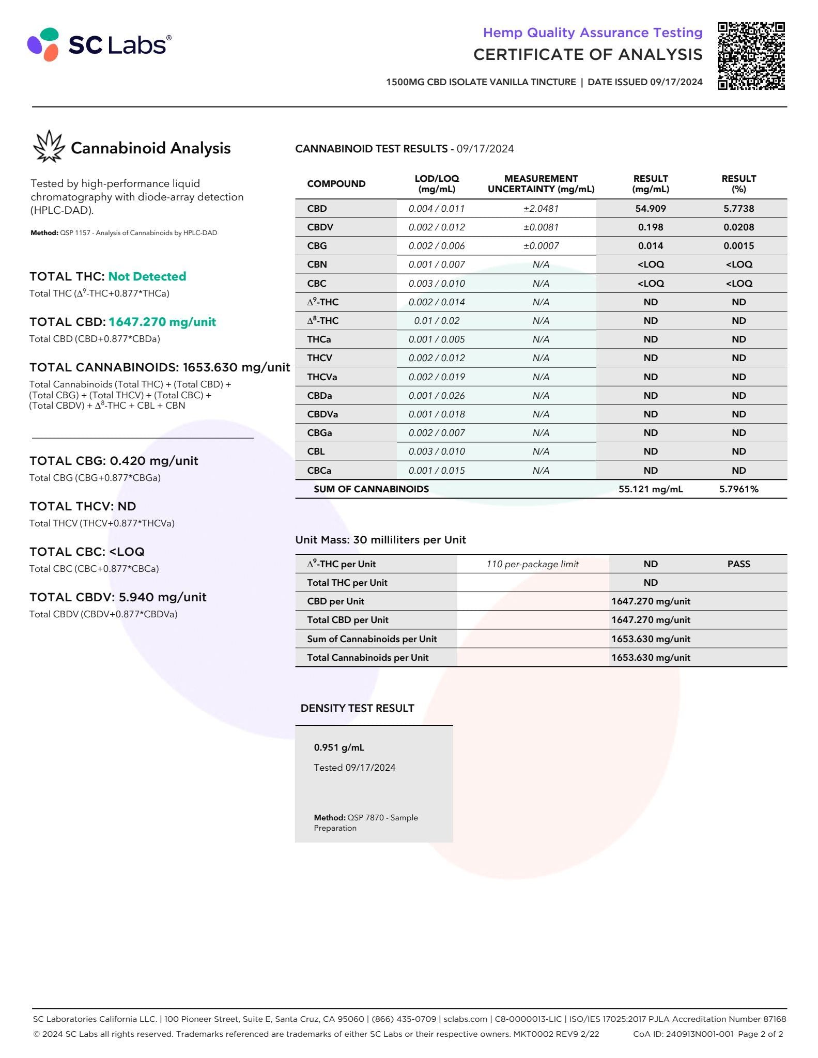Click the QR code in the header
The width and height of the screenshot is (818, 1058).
point(751,56)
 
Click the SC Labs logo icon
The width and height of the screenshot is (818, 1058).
point(43,44)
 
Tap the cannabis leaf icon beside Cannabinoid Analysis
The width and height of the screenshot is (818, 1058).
point(49,146)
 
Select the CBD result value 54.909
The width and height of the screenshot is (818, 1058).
point(650,209)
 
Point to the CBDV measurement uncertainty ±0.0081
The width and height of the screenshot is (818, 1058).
point(541,227)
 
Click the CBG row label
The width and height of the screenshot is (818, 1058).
point(317,246)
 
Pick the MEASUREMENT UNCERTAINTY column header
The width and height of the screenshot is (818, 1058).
point(541,184)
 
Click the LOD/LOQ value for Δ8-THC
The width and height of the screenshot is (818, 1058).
point(437,321)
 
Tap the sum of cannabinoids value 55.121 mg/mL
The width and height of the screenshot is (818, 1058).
point(650,489)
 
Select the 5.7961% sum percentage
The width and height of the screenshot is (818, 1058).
point(738,489)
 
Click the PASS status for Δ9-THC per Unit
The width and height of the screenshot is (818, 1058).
point(738,564)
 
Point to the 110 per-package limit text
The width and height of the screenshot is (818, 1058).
point(532,564)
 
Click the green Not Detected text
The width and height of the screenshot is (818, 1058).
point(147,276)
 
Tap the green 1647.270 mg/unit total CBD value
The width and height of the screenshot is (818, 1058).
point(162,322)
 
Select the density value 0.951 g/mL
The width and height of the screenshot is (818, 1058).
point(339,748)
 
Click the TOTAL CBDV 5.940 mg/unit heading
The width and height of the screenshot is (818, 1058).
point(118,597)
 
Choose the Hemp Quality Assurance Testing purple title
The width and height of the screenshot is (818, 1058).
point(592,33)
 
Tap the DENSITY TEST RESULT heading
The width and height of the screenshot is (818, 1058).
point(357,708)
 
